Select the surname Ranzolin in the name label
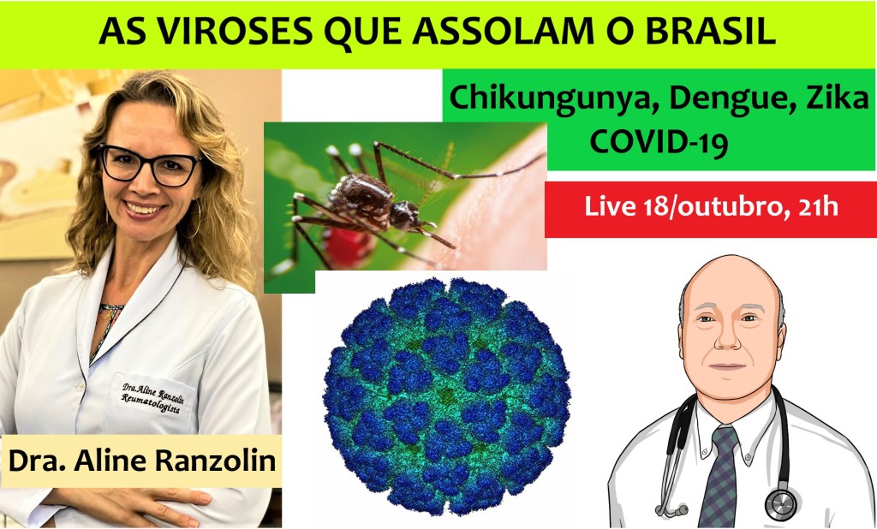(215, 461)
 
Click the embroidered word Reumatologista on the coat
(151, 404)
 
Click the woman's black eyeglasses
(149, 165)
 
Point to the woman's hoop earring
(195, 220)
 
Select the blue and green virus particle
(446, 396)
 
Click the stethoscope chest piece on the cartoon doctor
(780, 504)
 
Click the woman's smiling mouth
(145, 209)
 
